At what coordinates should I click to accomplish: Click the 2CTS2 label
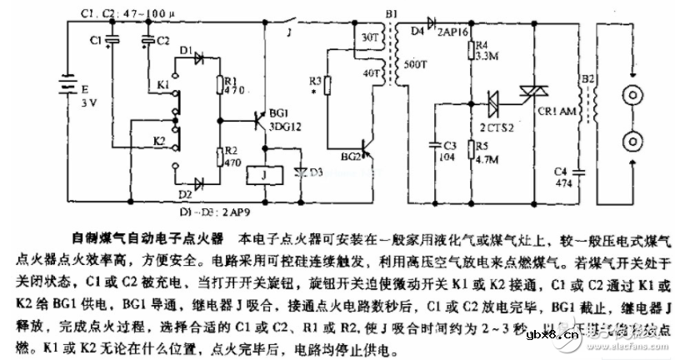[x=498, y=130]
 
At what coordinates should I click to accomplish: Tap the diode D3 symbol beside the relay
[x=297, y=172]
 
